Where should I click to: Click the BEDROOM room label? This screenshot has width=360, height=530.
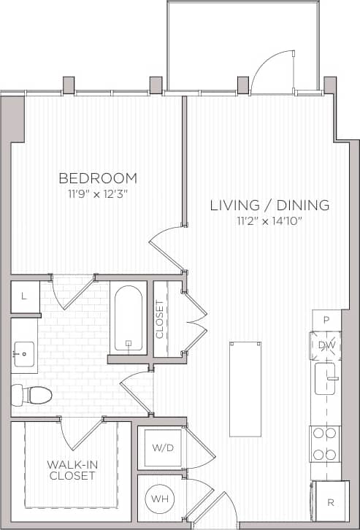[x=98, y=178]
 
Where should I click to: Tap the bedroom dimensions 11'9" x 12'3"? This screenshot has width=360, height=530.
[x=98, y=195]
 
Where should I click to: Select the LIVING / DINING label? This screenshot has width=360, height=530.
[x=269, y=205]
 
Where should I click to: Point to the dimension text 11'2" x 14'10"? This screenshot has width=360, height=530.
[x=269, y=221]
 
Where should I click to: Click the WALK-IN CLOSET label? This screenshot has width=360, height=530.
[x=72, y=469]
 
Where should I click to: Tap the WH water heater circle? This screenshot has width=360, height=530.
[x=158, y=499]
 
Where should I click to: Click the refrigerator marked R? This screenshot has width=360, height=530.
[x=330, y=502]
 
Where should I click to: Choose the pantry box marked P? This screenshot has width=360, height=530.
[x=326, y=320]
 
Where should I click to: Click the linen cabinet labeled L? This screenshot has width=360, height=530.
[x=25, y=296]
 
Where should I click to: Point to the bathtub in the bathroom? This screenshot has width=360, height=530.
[x=129, y=319]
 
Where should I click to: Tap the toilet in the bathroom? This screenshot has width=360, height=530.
[x=35, y=395]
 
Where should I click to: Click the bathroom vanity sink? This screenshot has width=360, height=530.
[x=23, y=354]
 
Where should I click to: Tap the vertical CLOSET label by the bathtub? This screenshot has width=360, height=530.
[x=160, y=319]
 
